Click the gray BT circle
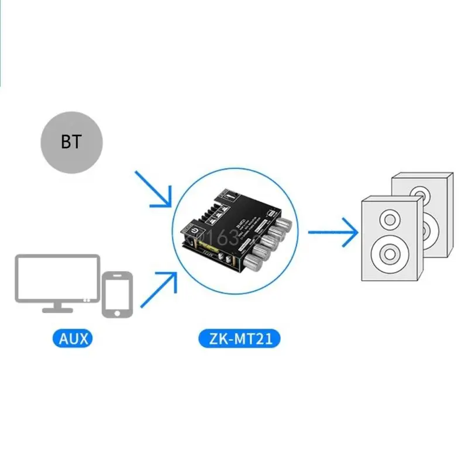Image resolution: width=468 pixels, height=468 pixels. [71, 143]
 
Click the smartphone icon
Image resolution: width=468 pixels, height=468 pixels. [117, 294]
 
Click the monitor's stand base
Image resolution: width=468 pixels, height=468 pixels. [57, 308]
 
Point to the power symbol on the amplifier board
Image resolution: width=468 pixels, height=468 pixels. [193, 238]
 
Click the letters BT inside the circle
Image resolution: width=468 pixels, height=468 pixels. [71, 143]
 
